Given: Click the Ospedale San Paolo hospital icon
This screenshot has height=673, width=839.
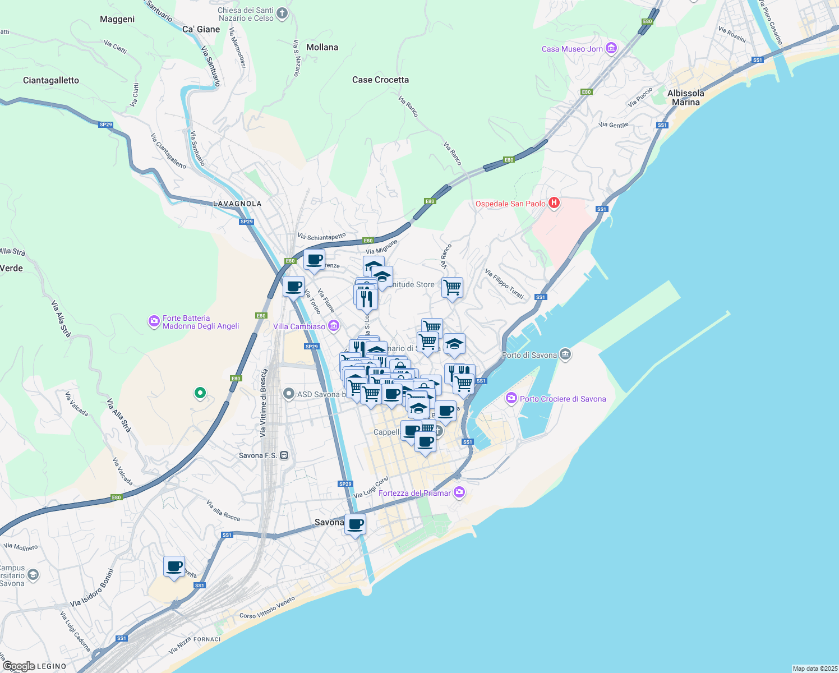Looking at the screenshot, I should (554, 203).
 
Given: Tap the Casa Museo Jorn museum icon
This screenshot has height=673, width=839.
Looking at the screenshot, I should (611, 49).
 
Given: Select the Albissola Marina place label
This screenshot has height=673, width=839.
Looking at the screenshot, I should (685, 98).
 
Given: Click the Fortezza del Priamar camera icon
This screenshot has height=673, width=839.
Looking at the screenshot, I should (460, 492).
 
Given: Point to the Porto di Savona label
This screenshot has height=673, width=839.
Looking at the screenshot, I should (529, 355).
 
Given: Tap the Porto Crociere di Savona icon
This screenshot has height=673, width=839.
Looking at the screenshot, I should (511, 398).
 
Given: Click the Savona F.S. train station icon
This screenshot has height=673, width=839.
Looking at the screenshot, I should (284, 455).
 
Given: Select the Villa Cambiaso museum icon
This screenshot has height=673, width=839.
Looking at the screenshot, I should (334, 326).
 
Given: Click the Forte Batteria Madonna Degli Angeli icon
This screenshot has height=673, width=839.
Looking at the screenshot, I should (154, 321).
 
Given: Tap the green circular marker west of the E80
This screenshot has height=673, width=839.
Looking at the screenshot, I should (200, 393).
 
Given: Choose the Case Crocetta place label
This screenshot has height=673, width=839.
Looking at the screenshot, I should (380, 80).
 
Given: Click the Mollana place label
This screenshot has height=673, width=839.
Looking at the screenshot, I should (322, 47).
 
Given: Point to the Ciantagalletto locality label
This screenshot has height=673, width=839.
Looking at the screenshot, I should (51, 80).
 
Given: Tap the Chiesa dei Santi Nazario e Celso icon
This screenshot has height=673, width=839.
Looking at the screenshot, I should (282, 13).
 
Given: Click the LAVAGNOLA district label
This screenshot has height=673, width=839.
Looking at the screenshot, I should (237, 204).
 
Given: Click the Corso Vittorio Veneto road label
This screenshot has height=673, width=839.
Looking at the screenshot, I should (267, 608).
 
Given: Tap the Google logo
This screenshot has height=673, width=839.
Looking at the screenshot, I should (19, 666).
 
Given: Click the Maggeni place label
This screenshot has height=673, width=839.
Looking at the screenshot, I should (117, 19).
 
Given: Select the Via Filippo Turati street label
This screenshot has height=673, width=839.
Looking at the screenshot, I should (504, 284).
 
